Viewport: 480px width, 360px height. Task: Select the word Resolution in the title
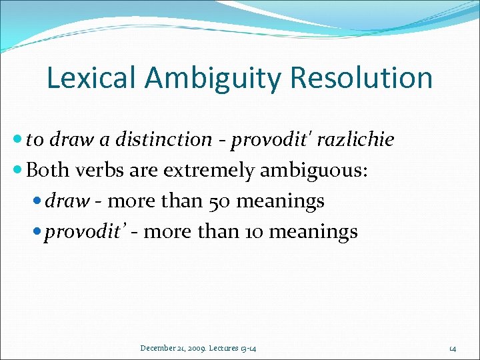[x=362, y=78]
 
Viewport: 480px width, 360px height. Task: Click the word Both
[x=47, y=170]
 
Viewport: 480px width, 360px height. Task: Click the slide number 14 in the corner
[x=452, y=347]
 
